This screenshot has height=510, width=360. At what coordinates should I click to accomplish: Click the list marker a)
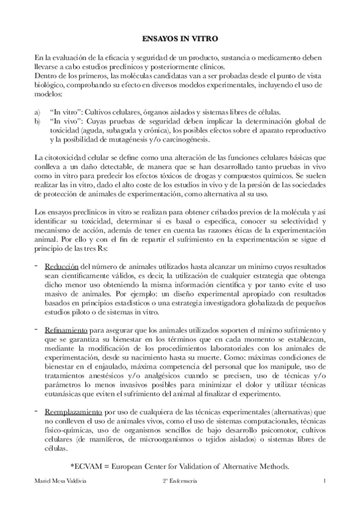tap(38, 112)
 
